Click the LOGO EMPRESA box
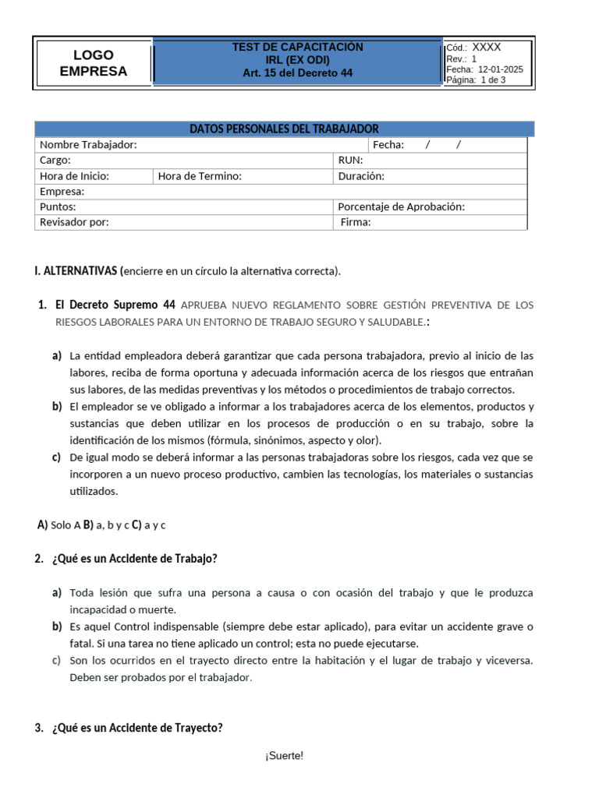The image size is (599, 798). point(93,63)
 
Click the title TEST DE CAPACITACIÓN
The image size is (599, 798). point(297,47)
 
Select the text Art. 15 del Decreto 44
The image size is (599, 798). point(297,73)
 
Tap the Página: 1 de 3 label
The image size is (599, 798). point(476,79)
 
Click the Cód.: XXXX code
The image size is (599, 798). point(473,48)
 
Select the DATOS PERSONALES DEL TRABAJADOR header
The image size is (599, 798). point(284,129)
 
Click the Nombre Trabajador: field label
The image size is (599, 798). point(88,145)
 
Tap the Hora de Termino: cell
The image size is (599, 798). point(200,176)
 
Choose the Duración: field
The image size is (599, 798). point(361,176)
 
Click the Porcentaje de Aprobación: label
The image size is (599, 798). point(401,207)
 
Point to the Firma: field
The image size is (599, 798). point(356,222)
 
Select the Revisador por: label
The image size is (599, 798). point(74,222)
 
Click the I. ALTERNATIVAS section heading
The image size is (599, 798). point(76,271)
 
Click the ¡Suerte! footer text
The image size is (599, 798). point(284,756)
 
